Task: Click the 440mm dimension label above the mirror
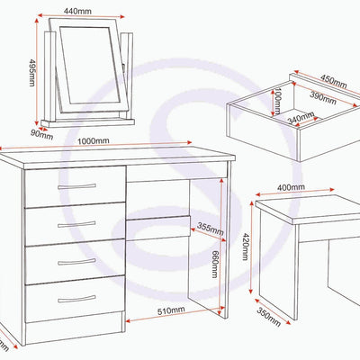(x=77, y=11)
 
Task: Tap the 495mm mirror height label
(x=32, y=73)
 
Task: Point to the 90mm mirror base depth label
(x=41, y=135)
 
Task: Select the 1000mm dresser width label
(x=94, y=140)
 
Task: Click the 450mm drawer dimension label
(x=334, y=81)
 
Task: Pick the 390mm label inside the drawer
(x=322, y=97)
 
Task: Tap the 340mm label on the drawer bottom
(x=301, y=118)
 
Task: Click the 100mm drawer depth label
(x=277, y=102)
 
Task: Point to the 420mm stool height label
(x=246, y=247)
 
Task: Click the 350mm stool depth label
(x=268, y=317)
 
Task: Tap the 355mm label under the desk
(x=210, y=229)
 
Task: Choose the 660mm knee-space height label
(x=215, y=264)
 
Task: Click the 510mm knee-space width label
(x=171, y=310)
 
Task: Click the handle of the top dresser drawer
(x=76, y=186)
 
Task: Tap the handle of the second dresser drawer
(x=76, y=224)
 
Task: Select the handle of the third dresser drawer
(x=76, y=262)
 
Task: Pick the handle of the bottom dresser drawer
(x=76, y=299)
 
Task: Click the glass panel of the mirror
(x=90, y=66)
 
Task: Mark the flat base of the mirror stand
(x=88, y=122)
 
